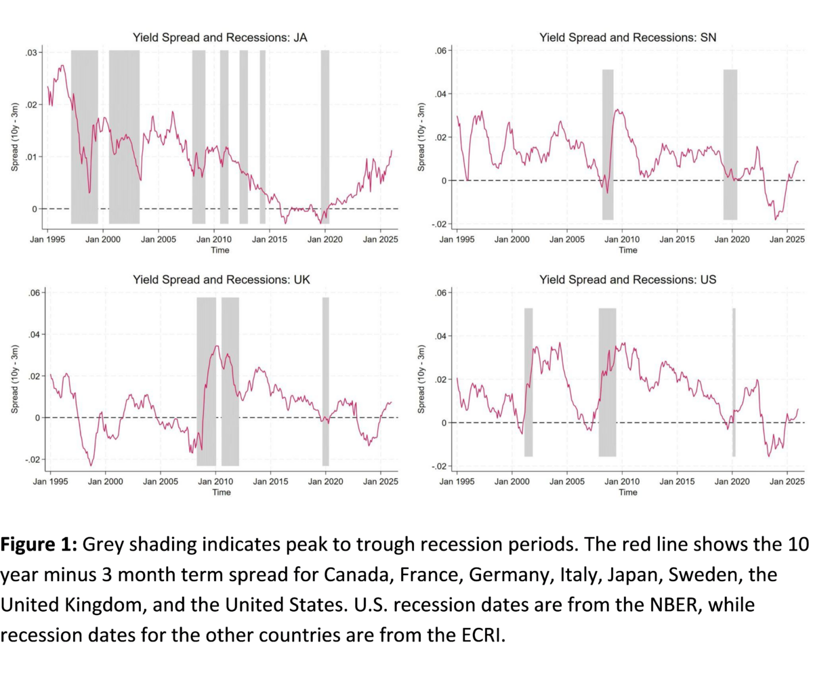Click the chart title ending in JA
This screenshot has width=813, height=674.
click(x=220, y=38)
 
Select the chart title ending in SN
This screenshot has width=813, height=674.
click(x=627, y=38)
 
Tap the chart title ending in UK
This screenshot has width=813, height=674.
click(x=222, y=280)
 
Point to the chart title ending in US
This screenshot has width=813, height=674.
click(x=627, y=280)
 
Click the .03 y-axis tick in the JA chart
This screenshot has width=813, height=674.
click(x=32, y=53)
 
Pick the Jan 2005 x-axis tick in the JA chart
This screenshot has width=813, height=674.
click(x=159, y=239)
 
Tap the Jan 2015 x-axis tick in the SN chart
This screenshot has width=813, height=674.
click(x=677, y=239)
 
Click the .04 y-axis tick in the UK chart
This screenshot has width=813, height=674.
click(x=35, y=335)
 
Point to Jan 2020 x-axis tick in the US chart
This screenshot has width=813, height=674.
click(x=732, y=481)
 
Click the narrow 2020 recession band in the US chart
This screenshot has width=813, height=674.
click(x=734, y=382)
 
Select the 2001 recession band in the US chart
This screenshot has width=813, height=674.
click(x=528, y=382)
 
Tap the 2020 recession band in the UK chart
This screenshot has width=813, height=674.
click(x=325, y=381)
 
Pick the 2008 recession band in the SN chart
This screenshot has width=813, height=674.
click(x=608, y=145)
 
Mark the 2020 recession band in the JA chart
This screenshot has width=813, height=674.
click(x=325, y=137)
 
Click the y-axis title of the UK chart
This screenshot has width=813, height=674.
click(x=14, y=379)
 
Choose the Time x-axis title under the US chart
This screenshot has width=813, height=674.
click(x=628, y=492)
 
